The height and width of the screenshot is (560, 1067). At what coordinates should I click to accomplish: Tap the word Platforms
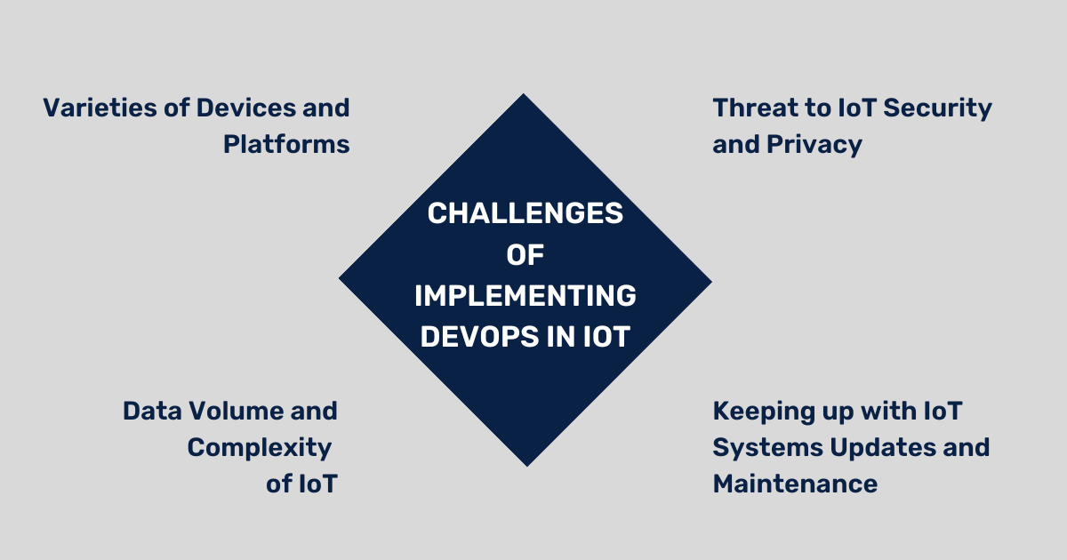pos(286,144)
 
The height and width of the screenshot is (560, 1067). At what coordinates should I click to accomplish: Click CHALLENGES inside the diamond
pos(525,214)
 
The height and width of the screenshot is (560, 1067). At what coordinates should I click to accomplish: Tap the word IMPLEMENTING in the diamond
pos(525,296)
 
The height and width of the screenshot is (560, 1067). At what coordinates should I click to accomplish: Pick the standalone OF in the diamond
pos(525,255)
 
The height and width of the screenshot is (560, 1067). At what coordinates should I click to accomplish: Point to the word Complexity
pos(260,447)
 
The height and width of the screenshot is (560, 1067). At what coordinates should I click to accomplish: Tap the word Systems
pos(766,447)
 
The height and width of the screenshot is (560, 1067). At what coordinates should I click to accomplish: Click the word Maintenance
pos(795,484)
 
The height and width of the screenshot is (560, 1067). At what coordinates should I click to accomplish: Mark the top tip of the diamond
pos(524,95)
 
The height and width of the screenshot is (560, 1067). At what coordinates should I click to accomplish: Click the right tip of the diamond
pos(710,283)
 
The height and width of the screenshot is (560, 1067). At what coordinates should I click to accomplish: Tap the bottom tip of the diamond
pos(527,465)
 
